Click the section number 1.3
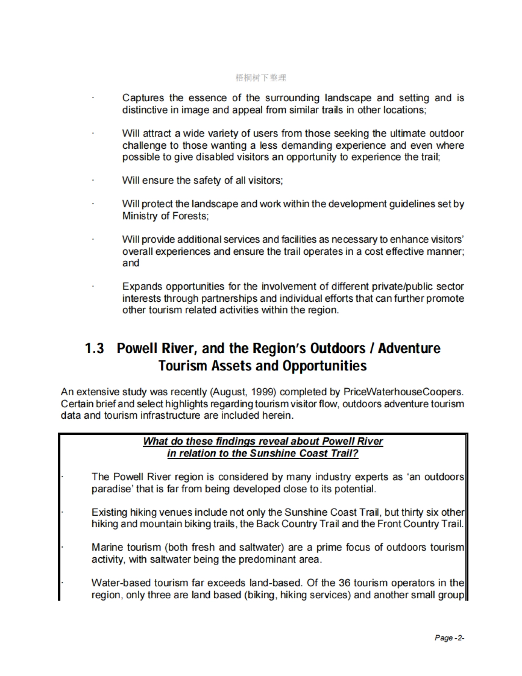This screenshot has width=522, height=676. (94, 348)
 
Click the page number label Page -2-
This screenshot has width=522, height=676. (449, 638)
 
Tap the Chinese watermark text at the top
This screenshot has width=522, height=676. (261, 78)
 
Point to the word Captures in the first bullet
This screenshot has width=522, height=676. (143, 98)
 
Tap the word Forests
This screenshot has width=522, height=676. (191, 216)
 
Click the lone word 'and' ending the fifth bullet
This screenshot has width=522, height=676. (131, 263)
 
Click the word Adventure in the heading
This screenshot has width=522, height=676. (409, 348)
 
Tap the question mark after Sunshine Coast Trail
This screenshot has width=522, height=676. (356, 453)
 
